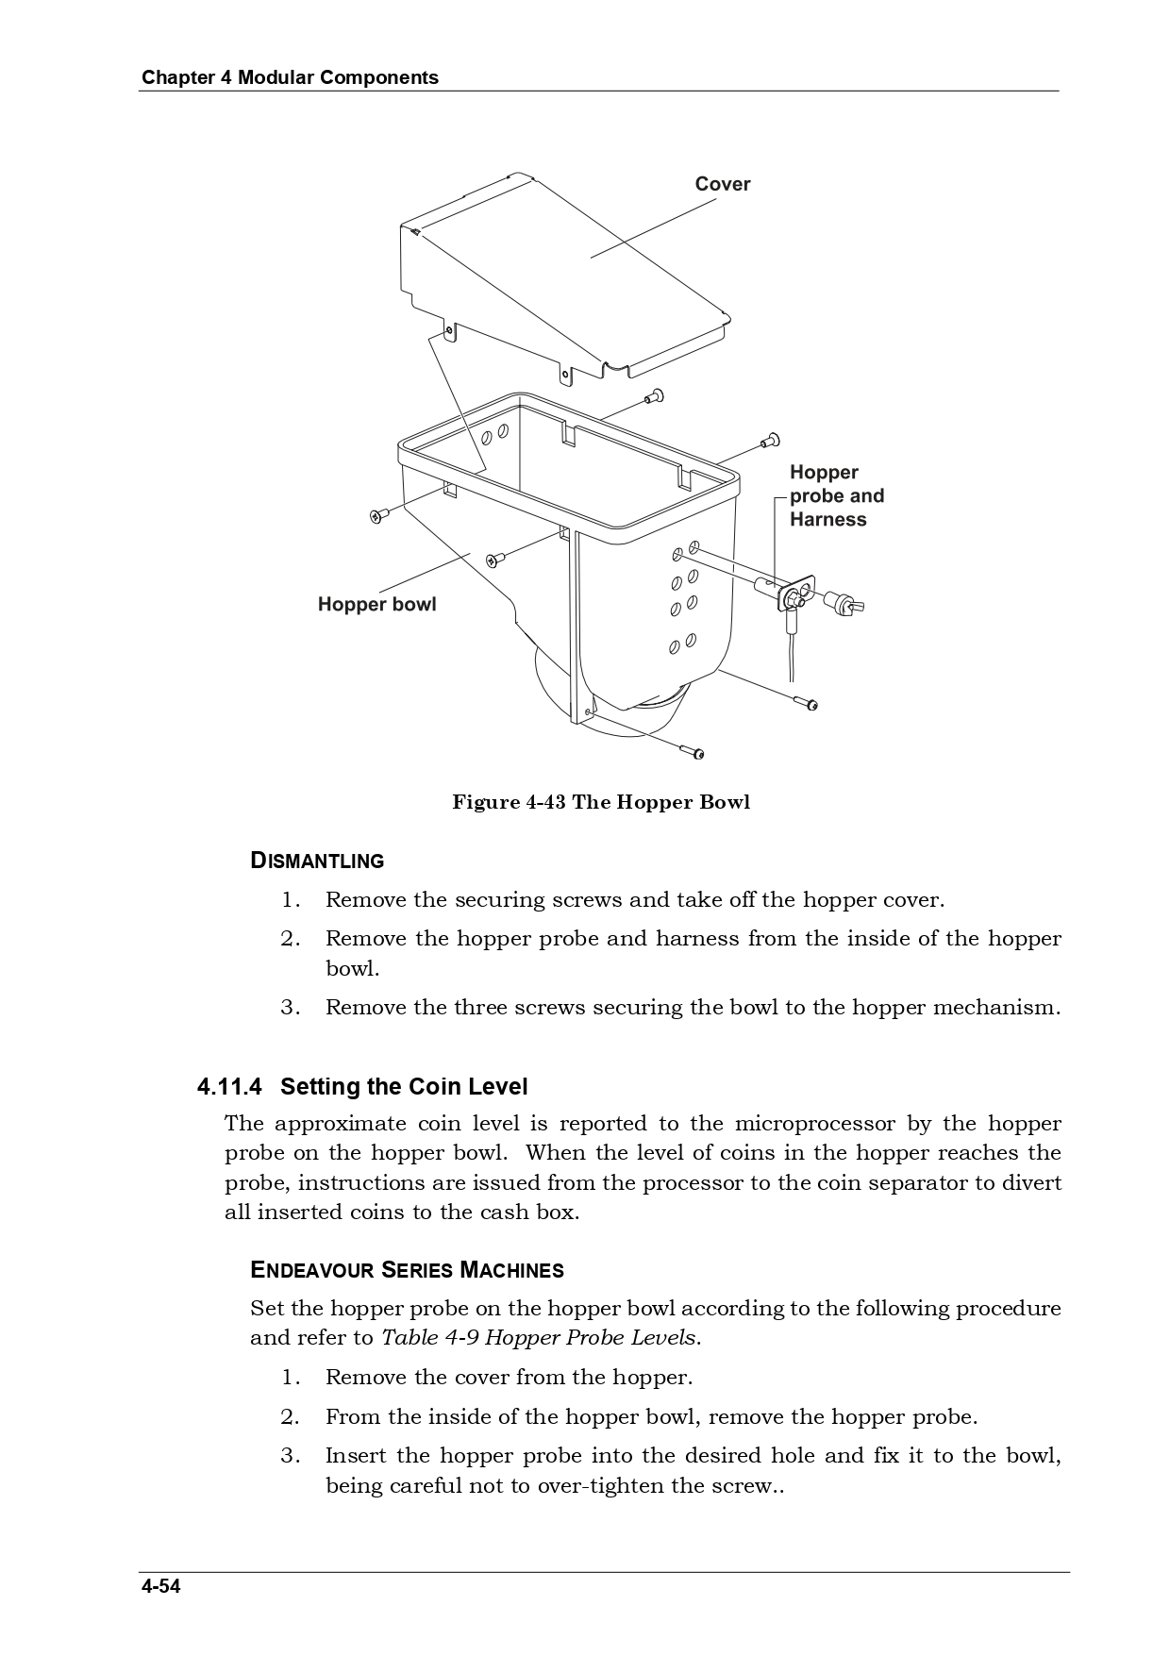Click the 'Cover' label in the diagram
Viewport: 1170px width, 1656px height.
click(x=722, y=184)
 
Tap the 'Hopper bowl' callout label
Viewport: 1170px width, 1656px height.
click(x=376, y=604)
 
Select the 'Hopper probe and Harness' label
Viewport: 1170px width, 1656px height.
click(x=836, y=495)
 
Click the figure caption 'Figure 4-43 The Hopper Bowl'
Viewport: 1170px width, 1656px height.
click(x=601, y=802)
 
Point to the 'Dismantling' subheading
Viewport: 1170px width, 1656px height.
click(x=317, y=861)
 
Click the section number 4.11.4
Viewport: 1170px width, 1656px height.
click(x=229, y=1087)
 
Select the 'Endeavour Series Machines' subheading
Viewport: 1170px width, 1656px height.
click(x=407, y=1270)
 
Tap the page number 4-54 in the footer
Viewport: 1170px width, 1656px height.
click(x=161, y=1586)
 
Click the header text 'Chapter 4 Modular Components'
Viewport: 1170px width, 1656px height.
click(x=290, y=77)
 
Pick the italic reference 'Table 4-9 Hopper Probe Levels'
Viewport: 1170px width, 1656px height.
click(x=539, y=1338)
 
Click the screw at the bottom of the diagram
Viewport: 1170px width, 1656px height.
click(x=693, y=751)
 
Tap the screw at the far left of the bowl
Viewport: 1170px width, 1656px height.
click(x=378, y=515)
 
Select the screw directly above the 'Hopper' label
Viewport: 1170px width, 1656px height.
click(x=770, y=440)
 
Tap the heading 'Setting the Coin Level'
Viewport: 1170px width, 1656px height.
click(x=404, y=1087)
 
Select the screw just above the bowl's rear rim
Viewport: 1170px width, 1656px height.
click(x=654, y=396)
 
